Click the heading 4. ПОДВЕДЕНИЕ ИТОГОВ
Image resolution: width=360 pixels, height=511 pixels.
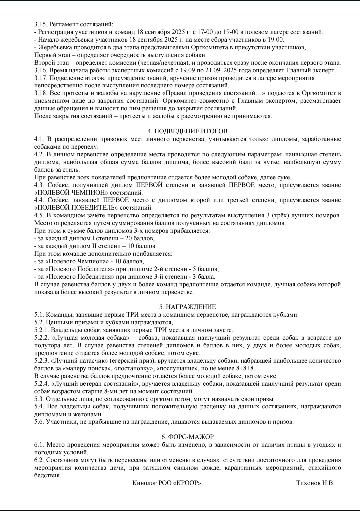188,131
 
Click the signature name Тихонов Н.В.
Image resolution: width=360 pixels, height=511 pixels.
315,483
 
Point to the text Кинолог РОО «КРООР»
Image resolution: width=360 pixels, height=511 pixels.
167,483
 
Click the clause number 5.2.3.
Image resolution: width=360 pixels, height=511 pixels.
42,361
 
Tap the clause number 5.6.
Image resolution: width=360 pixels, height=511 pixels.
39,422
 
